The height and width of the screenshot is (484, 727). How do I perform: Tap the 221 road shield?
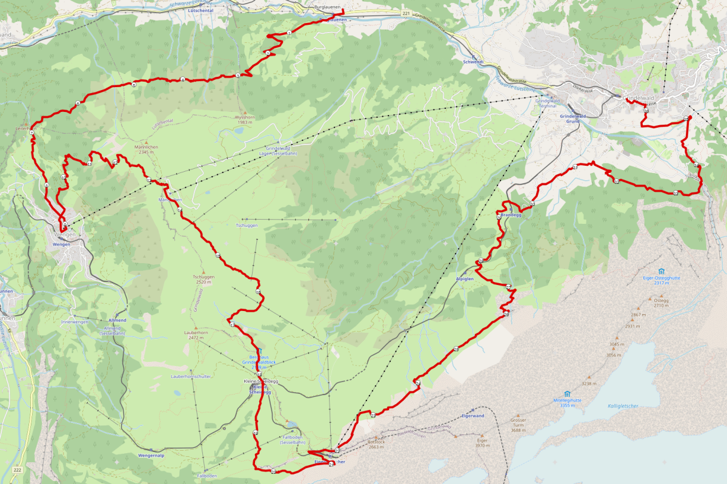pyautogui.click(x=405, y=13)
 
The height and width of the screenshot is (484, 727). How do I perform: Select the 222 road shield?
pyautogui.click(x=17, y=469)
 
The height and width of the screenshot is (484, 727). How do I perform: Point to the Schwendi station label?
pyautogui.click(x=473, y=62)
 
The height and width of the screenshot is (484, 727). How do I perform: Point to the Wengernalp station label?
pyautogui.click(x=151, y=455)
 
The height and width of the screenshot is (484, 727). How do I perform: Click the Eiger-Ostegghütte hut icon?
pyautogui.click(x=660, y=271)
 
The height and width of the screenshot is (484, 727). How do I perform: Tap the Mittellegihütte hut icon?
pyautogui.click(x=567, y=393)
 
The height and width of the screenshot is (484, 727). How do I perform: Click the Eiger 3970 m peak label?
pyautogui.click(x=483, y=443)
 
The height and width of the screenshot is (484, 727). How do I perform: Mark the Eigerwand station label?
pyautogui.click(x=473, y=416)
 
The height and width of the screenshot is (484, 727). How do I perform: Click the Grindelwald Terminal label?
pyautogui.click(x=547, y=103)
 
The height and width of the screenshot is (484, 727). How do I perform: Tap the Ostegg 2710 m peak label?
pyautogui.click(x=661, y=302)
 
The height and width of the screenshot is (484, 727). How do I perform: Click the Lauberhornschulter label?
pyautogui.click(x=191, y=376)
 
